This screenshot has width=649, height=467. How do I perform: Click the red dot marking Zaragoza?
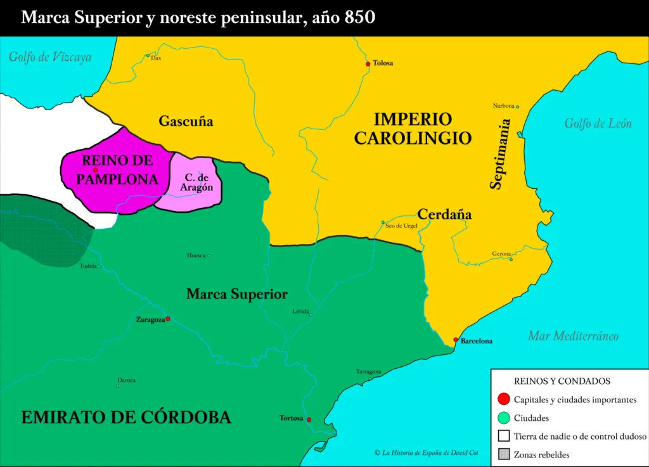[168, 319]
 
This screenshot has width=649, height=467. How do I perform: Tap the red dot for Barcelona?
[456, 340]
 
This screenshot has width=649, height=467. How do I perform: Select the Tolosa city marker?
[368, 64]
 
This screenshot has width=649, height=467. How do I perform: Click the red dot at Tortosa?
[309, 419]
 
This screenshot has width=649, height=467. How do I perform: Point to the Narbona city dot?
[517, 106]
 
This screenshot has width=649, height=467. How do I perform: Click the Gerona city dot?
[511, 259]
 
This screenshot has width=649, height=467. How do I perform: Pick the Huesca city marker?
[209, 255]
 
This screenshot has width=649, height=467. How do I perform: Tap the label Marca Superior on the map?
[237, 294]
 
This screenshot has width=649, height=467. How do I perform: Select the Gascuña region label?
[186, 121]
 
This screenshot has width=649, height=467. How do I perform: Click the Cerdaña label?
[444, 214]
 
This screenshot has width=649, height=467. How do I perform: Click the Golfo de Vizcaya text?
[49, 57]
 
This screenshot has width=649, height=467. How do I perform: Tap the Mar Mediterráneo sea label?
[572, 336]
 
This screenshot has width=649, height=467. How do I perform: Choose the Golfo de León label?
[598, 124]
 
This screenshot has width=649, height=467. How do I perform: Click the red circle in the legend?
[504, 399]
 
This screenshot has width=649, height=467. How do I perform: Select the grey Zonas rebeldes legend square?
[504, 454]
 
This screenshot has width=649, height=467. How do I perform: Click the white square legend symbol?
[504, 436]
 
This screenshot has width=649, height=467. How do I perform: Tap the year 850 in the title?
[360, 17]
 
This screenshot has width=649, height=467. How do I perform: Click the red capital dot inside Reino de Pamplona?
[95, 170]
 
